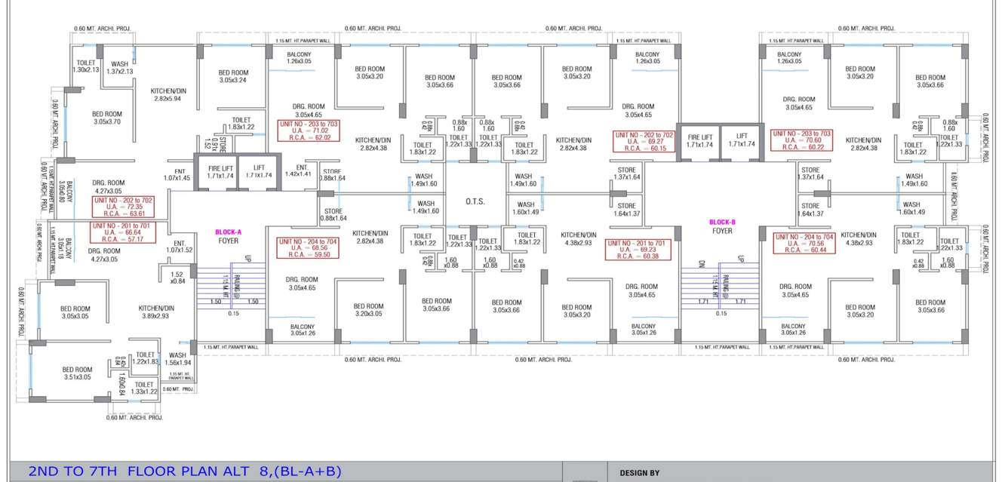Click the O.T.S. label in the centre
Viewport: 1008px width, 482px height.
click(475, 202)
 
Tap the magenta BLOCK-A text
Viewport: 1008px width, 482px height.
click(228, 232)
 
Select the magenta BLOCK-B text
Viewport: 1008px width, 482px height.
click(722, 223)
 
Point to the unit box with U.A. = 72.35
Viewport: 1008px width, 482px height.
click(124, 207)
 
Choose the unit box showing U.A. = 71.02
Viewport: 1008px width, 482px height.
click(309, 130)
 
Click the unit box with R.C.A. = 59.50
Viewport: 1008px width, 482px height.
click(309, 248)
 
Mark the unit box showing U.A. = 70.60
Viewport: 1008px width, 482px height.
click(802, 140)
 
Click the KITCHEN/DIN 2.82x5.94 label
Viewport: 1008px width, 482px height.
click(167, 94)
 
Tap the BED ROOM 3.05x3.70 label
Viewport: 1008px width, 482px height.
click(107, 118)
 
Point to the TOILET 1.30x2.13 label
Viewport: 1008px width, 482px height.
click(86, 66)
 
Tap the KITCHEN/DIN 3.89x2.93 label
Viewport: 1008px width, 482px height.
click(156, 312)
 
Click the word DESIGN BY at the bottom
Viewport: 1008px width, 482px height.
click(639, 473)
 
